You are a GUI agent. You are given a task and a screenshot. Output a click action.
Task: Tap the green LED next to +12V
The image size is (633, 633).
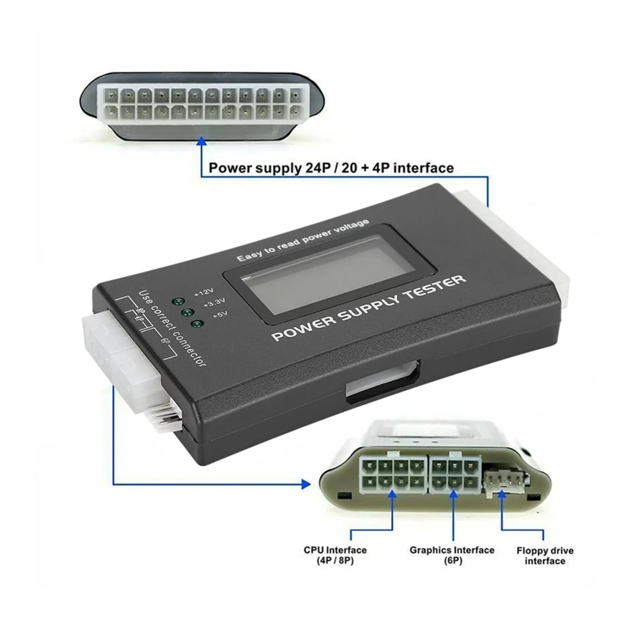[177, 301]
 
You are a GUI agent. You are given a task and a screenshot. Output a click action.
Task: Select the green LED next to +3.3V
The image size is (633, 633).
[187, 312]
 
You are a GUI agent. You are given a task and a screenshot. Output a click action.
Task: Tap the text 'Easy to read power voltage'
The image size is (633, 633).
[303, 240]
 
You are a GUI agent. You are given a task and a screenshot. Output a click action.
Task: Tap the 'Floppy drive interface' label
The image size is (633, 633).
[545, 555]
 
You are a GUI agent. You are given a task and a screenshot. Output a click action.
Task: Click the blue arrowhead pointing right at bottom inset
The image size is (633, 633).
[306, 484]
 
